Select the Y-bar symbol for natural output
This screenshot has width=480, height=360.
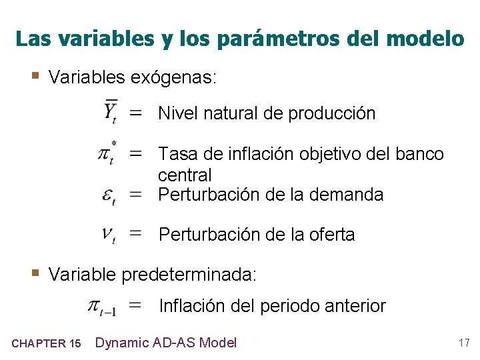[x=111, y=112]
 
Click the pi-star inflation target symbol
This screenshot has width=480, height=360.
[x=108, y=153]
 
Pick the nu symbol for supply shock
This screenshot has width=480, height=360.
[x=109, y=234]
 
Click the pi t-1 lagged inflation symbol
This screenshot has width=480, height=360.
[x=103, y=307]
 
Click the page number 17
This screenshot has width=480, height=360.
[x=464, y=343]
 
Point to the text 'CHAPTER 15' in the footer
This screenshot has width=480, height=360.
[x=47, y=344]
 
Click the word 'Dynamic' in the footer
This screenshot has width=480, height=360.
[x=121, y=343]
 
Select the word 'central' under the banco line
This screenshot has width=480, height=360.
[x=185, y=176]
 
